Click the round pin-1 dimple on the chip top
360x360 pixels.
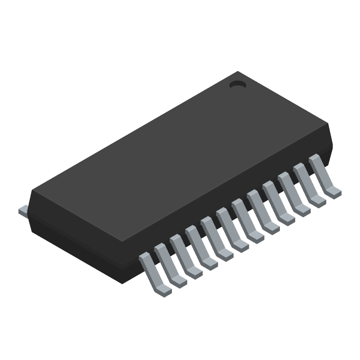pyautogui.click(x=237, y=84)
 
